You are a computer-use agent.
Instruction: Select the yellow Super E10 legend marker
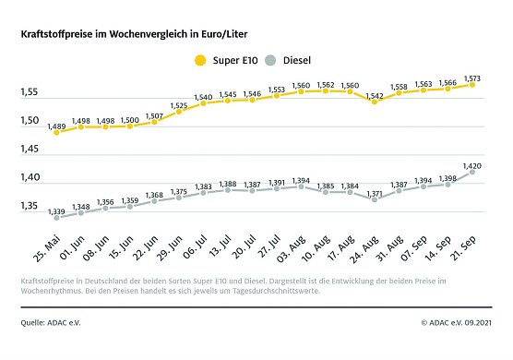(197, 61)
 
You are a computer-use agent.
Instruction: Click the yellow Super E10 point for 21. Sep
(471, 85)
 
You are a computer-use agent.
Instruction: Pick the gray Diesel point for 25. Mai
(57, 218)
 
